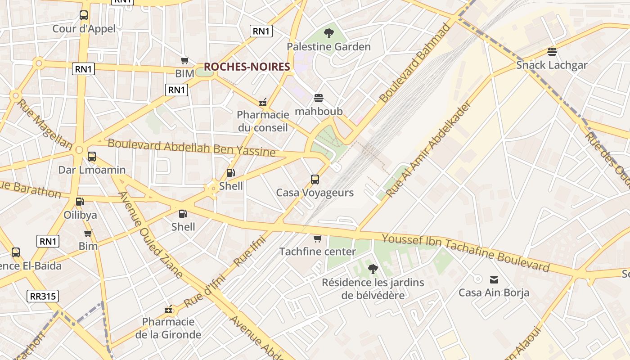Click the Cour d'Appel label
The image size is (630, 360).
tap(84, 29)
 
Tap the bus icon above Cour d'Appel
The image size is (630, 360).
tap(84, 15)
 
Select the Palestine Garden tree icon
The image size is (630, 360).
tap(329, 33)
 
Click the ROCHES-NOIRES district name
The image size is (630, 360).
tap(247, 67)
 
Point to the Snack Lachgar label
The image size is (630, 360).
tap(552, 65)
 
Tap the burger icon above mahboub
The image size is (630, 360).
tap(319, 98)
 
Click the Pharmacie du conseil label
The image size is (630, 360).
tap(263, 121)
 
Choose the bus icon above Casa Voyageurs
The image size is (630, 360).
tap(315, 180)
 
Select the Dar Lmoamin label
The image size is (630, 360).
tap(92, 170)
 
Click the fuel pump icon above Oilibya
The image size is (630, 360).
tap(80, 202)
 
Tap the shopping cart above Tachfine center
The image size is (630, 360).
tap(318, 238)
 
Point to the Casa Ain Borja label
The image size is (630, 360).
tap(494, 293)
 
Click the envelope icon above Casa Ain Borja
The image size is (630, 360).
tap(494, 280)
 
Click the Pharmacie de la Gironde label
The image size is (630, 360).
tap(168, 328)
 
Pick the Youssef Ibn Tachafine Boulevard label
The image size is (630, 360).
tap(466, 253)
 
